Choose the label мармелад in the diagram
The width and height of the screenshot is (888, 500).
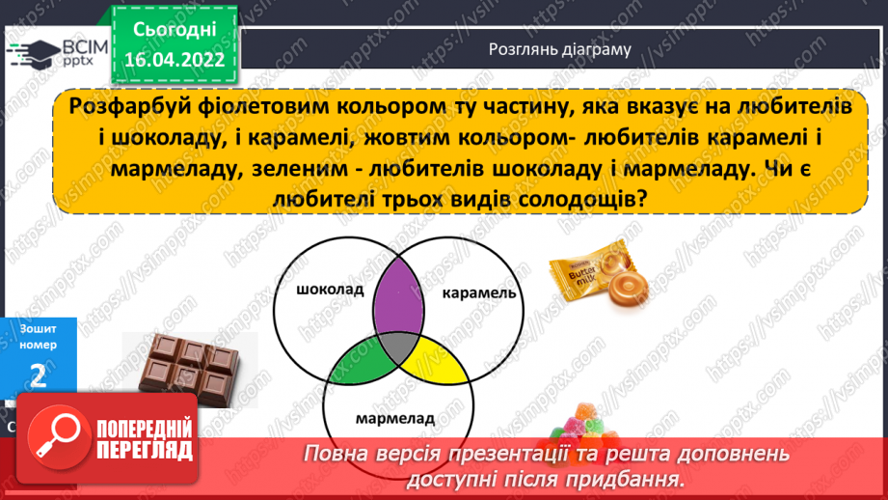pos(394,420)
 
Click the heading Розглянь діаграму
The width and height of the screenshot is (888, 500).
pos(560,49)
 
